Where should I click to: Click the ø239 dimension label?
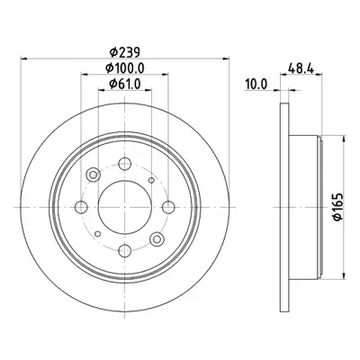(125, 52)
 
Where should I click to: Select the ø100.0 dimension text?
(125, 68)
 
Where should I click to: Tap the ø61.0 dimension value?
(125, 84)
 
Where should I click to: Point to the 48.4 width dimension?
(301, 68)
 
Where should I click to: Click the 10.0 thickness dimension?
(256, 85)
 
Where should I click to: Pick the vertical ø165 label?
(338, 207)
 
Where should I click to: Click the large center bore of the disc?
(125, 207)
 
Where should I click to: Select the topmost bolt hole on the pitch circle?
(125, 164)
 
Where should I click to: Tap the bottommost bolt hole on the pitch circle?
(125, 250)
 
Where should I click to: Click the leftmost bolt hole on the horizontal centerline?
(81, 207)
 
